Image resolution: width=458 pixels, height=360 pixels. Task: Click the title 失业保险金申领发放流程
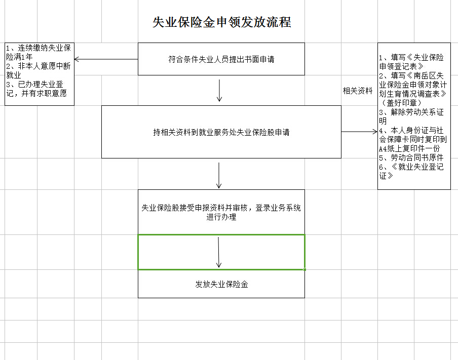[221, 23]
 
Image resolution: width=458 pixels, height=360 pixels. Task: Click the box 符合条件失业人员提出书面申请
[221, 59]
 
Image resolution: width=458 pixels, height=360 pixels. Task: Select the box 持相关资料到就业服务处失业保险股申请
[221, 132]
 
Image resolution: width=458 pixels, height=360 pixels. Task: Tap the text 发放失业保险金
[221, 284]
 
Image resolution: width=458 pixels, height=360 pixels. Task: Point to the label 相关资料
[358, 91]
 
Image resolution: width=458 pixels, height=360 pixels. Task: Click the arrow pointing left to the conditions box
[106, 59]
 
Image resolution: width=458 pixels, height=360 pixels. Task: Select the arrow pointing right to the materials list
[359, 132]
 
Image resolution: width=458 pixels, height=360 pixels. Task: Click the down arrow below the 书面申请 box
[219, 91]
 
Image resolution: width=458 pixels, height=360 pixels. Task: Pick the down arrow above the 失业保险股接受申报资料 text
[219, 175]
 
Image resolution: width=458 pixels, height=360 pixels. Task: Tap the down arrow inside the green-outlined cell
[219, 252]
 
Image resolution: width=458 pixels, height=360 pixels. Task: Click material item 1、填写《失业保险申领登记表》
[411, 61]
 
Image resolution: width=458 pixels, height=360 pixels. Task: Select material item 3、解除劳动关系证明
[411, 116]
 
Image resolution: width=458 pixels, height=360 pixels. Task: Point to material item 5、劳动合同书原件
[411, 157]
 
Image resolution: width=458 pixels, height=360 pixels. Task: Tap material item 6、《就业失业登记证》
[411, 171]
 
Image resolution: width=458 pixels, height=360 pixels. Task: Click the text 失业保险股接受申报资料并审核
[221, 208]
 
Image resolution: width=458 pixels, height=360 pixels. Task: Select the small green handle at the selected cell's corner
[305, 269]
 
